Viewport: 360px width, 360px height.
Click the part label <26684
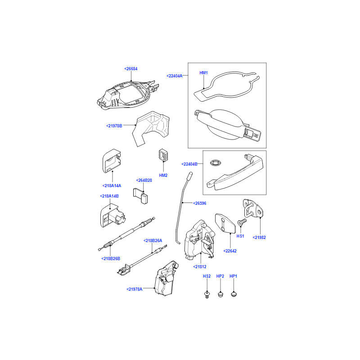click(x=131, y=69)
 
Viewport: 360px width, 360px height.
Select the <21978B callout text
click(x=114, y=126)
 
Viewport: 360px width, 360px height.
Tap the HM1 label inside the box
click(x=204, y=73)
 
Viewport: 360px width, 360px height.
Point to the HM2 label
click(x=163, y=175)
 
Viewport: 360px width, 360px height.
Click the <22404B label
click(x=189, y=164)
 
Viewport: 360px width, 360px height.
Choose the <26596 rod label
click(x=200, y=203)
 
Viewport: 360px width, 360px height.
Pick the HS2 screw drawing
click(x=207, y=295)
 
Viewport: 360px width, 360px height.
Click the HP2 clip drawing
click(x=220, y=294)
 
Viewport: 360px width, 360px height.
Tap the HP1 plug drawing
click(x=234, y=294)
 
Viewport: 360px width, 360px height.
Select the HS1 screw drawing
click(x=242, y=222)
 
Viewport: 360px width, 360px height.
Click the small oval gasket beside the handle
click(x=216, y=163)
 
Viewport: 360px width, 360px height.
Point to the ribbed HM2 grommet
click(x=163, y=155)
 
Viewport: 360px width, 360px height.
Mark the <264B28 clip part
click(x=140, y=196)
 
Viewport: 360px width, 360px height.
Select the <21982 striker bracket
click(x=253, y=208)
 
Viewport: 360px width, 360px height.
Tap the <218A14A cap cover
click(x=112, y=161)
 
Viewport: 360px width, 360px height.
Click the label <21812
click(x=200, y=267)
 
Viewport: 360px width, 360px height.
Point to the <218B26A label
click(x=153, y=241)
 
